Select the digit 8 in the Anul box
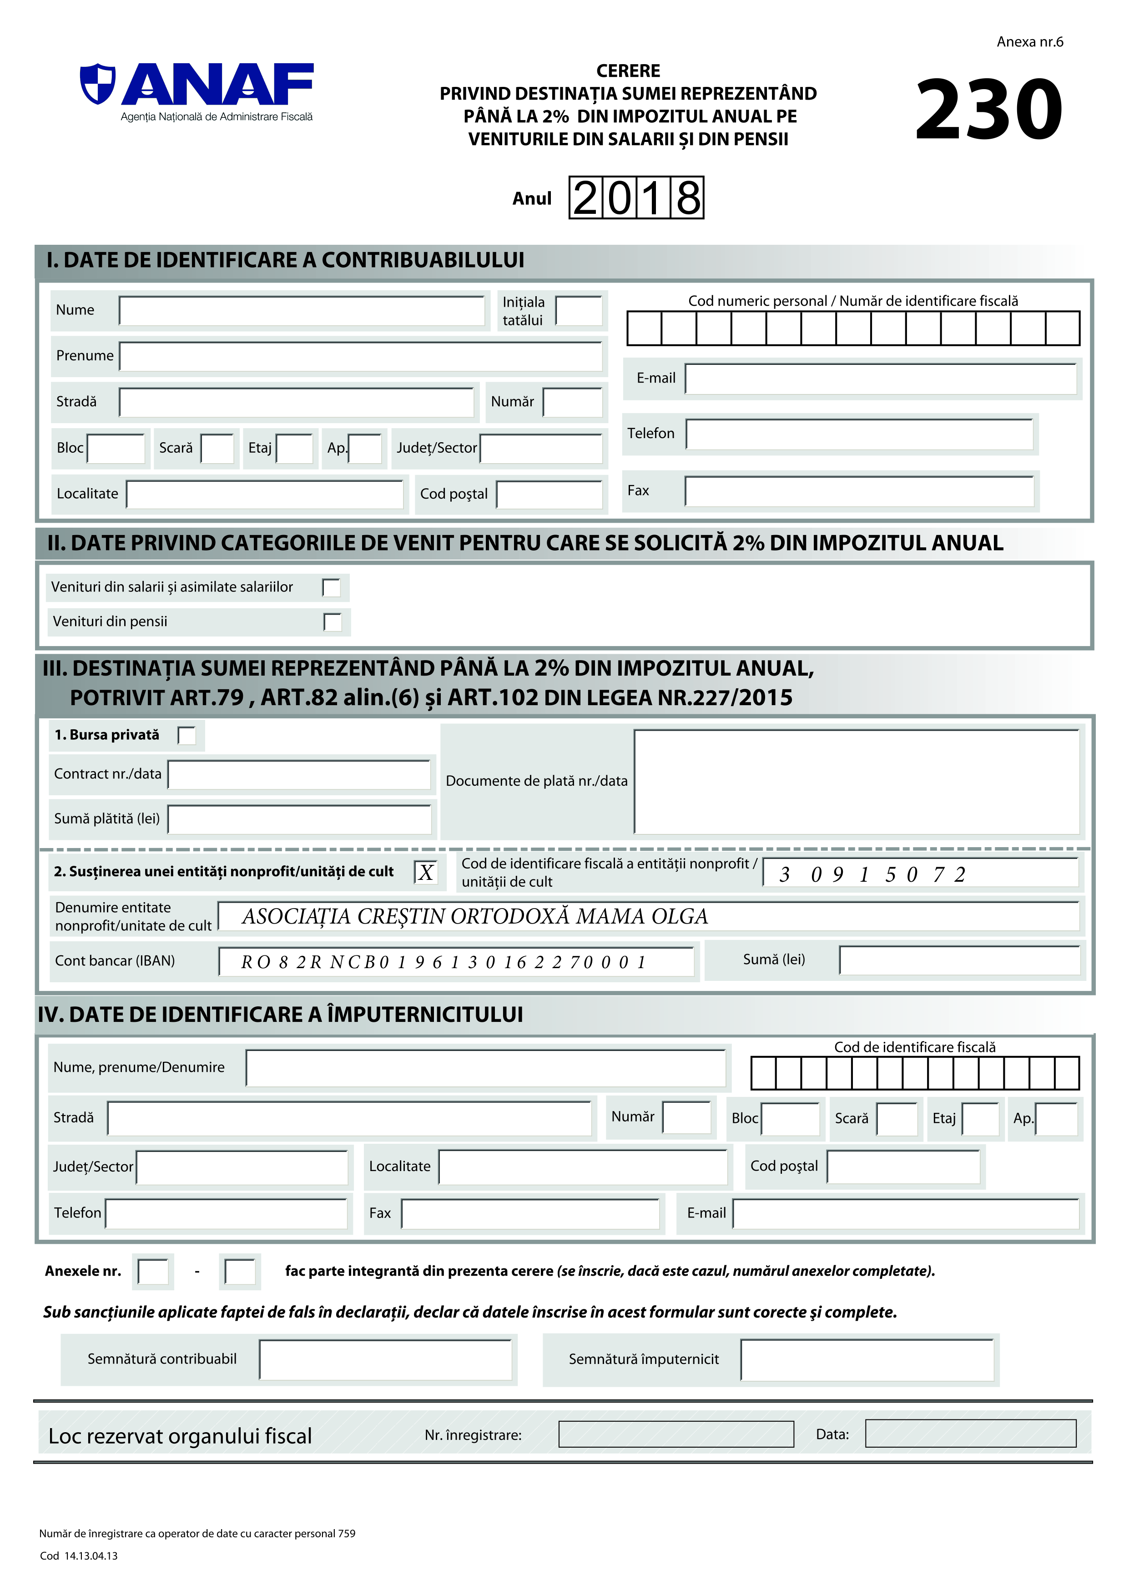pyautogui.click(x=688, y=198)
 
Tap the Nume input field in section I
pyautogui.click(x=302, y=311)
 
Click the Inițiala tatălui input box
pyautogui.click(x=579, y=311)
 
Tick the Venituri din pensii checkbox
pyautogui.click(x=333, y=622)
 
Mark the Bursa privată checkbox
pyautogui.click(x=187, y=735)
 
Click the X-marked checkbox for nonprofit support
pyautogui.click(x=425, y=872)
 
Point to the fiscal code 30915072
pyautogui.click(x=872, y=874)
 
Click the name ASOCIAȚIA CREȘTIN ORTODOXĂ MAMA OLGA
pyautogui.click(x=475, y=916)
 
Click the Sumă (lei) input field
pyautogui.click(x=959, y=961)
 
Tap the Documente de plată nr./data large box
pyautogui.click(x=857, y=781)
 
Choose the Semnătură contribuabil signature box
pyautogui.click(x=386, y=1360)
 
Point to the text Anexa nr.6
pyautogui.click(x=1029, y=42)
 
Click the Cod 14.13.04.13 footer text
pyautogui.click(x=79, y=1556)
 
